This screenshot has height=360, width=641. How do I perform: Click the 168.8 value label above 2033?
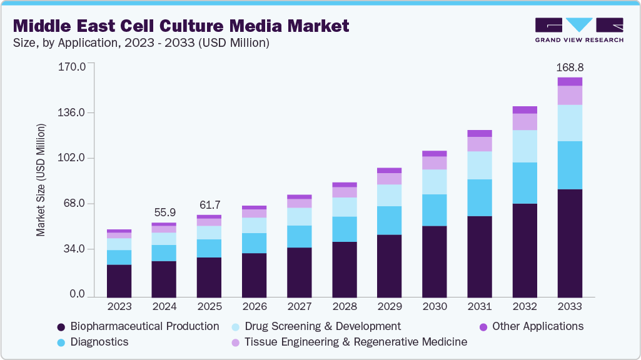pos(570,67)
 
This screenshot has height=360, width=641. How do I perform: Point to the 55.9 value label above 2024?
pos(164,212)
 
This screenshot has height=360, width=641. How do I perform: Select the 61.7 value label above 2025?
pos(209,204)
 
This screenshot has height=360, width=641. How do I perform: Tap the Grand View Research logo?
pos(578,29)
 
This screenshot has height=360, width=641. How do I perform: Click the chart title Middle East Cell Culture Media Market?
pos(181,26)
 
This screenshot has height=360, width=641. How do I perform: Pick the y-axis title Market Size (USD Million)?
pos(41,179)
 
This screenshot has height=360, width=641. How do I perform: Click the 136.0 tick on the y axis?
pos(72,112)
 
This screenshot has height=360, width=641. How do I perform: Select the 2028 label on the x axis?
pos(345,307)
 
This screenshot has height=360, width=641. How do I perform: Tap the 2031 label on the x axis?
pos(480,307)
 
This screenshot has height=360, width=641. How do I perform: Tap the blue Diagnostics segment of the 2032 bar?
pos(525,183)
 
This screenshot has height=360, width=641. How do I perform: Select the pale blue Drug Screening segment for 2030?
pos(435,182)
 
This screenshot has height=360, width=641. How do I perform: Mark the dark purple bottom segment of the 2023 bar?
pos(119,281)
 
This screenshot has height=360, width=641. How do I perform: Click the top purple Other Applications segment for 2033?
pos(570,81)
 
